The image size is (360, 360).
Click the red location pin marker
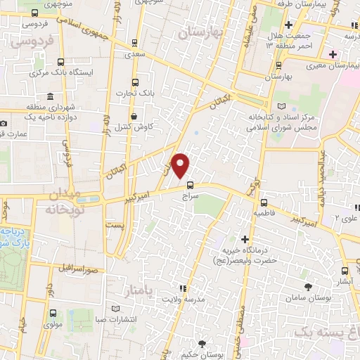[181, 165]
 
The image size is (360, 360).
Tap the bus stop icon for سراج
[190, 187]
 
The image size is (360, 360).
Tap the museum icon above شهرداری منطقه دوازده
[49, 96]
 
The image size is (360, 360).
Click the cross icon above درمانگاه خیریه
[245, 239]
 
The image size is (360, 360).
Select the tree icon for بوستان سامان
[309, 285]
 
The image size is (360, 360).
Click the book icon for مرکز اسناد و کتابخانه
[283, 105]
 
